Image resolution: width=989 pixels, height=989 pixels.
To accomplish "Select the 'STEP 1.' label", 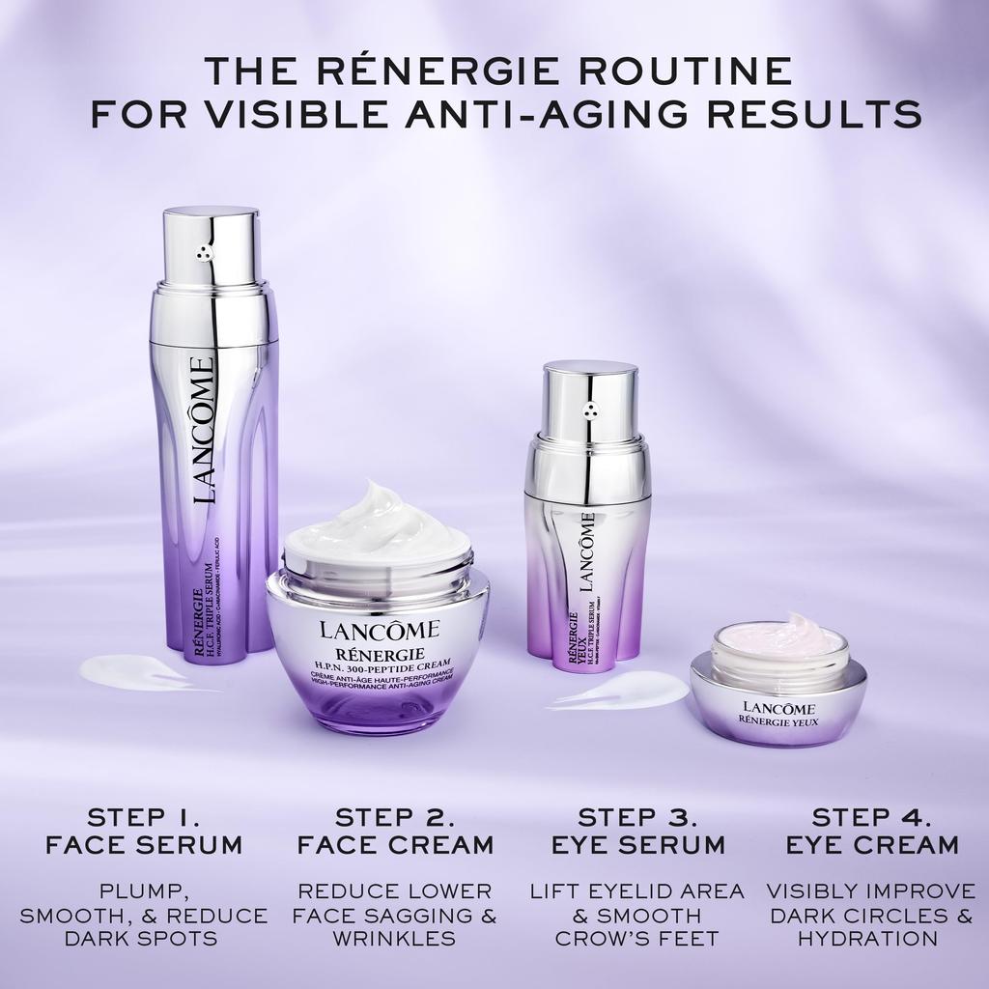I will [144, 816].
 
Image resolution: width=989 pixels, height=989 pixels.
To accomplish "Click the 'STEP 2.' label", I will [395, 816].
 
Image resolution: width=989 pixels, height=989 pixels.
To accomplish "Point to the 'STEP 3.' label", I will [637, 816].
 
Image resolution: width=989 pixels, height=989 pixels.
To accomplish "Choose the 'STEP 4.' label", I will [872, 816].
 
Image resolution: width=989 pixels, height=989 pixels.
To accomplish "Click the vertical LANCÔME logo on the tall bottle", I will [202, 429].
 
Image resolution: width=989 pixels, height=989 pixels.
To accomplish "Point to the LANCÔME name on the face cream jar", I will [379, 632].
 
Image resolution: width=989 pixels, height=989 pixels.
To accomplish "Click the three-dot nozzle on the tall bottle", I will [204, 253].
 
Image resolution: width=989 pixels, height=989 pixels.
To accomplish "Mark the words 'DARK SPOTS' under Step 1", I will [144, 938].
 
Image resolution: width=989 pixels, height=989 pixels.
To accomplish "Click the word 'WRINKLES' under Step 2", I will [395, 938].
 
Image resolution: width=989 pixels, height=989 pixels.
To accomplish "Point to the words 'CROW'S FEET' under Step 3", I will [637, 938].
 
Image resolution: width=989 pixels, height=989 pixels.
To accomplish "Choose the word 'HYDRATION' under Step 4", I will [872, 938].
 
